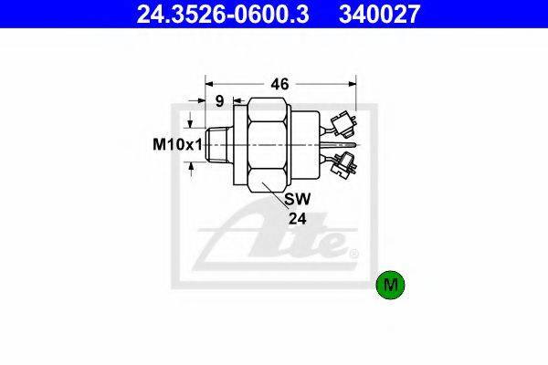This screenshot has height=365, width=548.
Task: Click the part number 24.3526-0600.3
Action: point(223,14)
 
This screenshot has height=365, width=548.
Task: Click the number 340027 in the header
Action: point(379,14)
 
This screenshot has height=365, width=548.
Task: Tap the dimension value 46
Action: point(280,84)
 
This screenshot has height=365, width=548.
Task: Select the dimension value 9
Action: point(219,101)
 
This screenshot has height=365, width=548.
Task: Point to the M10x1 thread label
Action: point(177,144)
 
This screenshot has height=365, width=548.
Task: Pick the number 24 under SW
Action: point(298,219)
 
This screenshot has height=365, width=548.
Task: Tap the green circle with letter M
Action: point(390,285)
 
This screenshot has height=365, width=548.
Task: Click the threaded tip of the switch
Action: point(216,144)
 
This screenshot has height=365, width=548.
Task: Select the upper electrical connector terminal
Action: point(343,123)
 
